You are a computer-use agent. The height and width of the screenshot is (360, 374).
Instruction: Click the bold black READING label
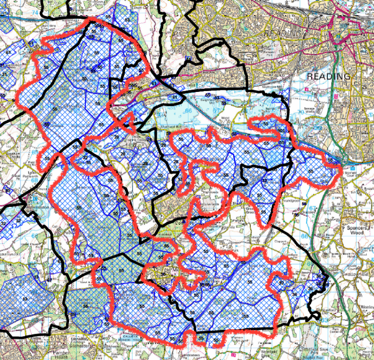[x=329, y=77]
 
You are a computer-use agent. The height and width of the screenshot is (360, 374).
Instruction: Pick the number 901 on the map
[x=280, y=130]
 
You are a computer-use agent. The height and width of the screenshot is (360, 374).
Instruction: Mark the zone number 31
[x=4, y=73]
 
